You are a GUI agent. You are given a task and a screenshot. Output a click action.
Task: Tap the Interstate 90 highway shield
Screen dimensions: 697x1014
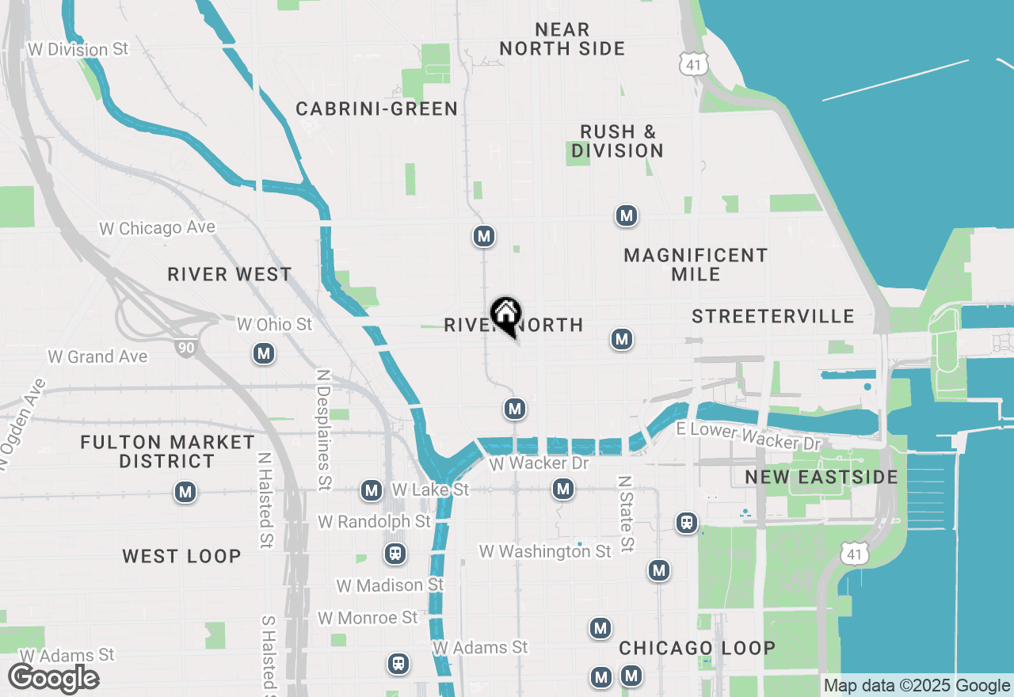click(185, 346)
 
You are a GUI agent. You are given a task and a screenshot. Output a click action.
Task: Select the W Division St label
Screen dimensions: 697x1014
click(78, 49)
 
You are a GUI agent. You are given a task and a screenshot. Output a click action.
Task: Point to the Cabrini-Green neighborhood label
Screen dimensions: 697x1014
click(376, 109)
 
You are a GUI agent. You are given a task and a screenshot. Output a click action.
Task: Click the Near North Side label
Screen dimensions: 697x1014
click(562, 39)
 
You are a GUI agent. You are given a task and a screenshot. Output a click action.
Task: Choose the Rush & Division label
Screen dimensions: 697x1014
click(617, 141)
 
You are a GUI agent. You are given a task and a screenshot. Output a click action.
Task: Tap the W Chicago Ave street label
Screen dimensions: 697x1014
click(157, 228)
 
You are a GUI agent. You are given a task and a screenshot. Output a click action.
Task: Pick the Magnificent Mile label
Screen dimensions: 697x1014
click(696, 265)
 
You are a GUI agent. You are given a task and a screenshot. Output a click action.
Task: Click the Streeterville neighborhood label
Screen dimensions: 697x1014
click(772, 317)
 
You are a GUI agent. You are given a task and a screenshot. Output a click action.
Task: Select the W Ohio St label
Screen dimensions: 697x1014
click(274, 325)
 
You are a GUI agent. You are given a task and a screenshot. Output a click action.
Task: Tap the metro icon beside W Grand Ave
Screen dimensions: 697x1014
click(264, 354)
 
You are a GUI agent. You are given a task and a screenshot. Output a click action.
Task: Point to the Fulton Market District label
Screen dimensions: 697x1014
click(167, 451)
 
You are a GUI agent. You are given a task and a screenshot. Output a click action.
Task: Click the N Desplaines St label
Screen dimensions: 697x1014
click(323, 429)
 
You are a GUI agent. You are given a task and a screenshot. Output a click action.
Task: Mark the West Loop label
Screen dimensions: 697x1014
click(181, 556)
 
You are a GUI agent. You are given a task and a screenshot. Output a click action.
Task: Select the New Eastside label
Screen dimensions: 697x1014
click(821, 477)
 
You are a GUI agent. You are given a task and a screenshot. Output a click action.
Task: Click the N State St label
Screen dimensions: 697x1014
click(626, 513)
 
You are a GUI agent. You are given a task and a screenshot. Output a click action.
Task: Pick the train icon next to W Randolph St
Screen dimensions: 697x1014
click(395, 553)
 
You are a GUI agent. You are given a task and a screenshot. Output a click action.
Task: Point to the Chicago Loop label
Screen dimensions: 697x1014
click(696, 648)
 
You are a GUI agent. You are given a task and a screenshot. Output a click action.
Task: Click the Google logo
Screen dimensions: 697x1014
click(53, 679)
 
